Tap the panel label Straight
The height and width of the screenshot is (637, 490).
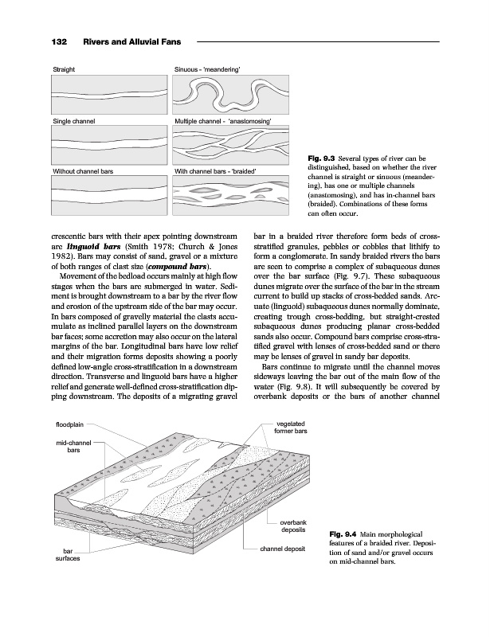[65, 71]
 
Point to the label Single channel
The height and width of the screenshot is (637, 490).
[74, 121]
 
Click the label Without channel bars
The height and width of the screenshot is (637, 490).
[83, 171]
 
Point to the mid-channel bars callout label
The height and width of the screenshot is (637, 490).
[73, 447]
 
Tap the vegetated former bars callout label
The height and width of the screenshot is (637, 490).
[292, 428]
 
